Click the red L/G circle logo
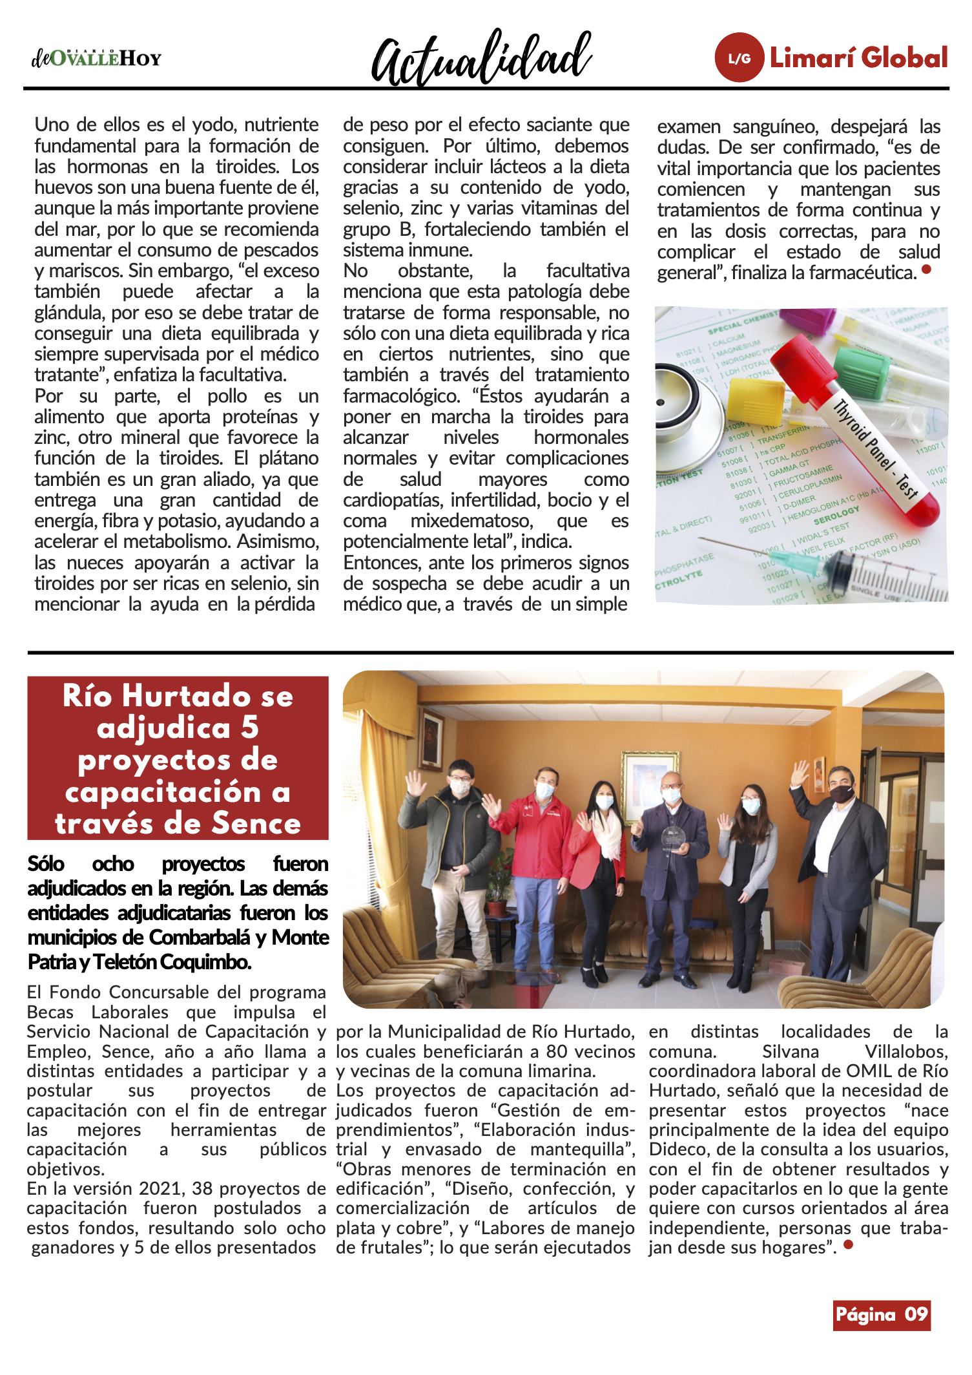(x=739, y=58)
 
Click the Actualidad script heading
(x=481, y=58)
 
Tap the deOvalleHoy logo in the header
(x=96, y=58)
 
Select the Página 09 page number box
(x=881, y=1314)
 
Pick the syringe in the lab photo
(x=859, y=569)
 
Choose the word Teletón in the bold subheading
(x=123, y=962)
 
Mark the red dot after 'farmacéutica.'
(x=926, y=269)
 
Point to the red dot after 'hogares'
(x=849, y=1244)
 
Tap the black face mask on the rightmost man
(x=842, y=793)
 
